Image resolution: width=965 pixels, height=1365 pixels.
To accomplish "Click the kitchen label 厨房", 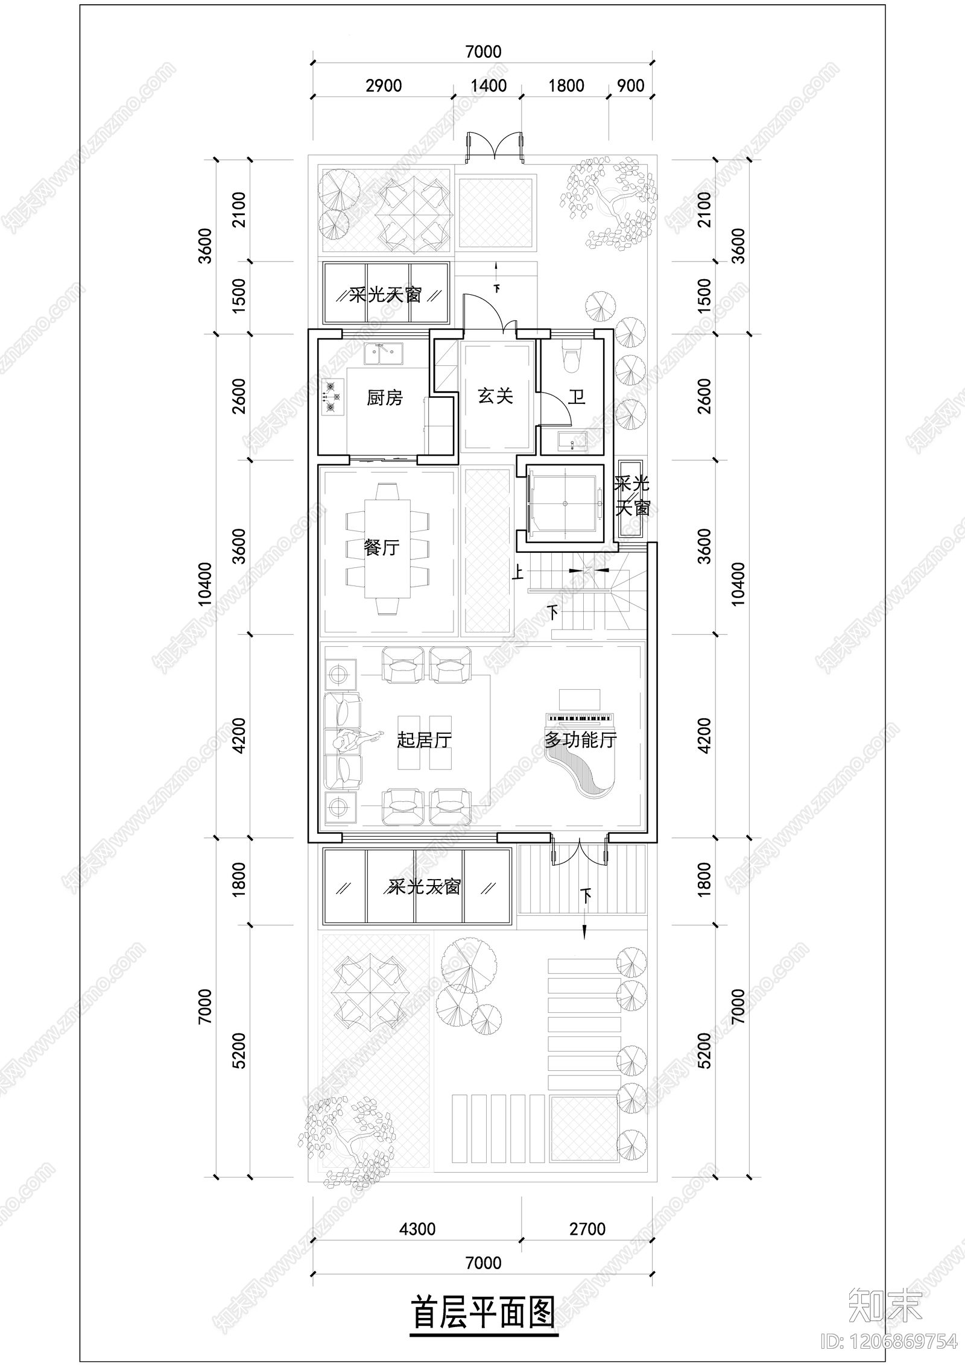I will [384, 398].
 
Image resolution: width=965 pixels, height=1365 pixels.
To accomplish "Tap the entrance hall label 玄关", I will [495, 396].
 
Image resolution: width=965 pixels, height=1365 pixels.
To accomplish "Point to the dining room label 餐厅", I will [381, 547].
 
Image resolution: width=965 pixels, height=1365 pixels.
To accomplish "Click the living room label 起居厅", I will [424, 740].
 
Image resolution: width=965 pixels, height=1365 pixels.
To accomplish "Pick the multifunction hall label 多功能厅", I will [581, 739].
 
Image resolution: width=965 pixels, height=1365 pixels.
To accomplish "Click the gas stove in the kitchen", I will [331, 397].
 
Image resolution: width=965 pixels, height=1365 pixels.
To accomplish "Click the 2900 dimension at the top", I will [384, 86].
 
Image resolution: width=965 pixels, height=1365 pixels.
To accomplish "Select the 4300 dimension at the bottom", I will [417, 1229].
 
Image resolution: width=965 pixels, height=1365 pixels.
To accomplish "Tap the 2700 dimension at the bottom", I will [587, 1229].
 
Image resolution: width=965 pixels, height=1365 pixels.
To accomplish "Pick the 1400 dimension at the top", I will [489, 86].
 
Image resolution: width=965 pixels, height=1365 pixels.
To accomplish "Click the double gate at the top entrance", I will [495, 148].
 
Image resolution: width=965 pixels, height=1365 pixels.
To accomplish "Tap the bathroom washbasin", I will [571, 441].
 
